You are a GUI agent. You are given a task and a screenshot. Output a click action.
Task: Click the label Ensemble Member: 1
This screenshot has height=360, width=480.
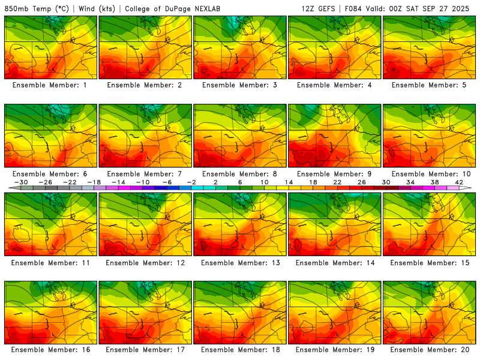[x=50, y=85]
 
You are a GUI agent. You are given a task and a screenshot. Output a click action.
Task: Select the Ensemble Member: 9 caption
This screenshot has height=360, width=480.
[x=335, y=174]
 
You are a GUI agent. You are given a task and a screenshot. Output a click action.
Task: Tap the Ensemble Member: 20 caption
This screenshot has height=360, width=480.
[x=430, y=350]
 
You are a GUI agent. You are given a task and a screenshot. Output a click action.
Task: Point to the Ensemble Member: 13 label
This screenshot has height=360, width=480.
[x=240, y=263]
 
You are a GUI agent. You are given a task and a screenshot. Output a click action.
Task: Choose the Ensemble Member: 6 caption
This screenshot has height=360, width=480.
[x=50, y=174]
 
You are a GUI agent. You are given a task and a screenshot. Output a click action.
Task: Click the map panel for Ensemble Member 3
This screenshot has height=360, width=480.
[x=240, y=47]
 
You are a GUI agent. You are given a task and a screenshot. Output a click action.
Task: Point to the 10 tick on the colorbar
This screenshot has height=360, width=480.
[x=265, y=182]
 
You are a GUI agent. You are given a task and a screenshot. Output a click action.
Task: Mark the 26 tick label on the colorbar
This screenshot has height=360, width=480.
[x=362, y=182]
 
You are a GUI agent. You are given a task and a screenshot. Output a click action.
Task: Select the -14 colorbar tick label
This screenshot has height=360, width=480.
[x=118, y=182]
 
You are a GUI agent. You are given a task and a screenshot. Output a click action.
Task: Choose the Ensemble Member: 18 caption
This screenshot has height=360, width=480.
[x=240, y=350]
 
